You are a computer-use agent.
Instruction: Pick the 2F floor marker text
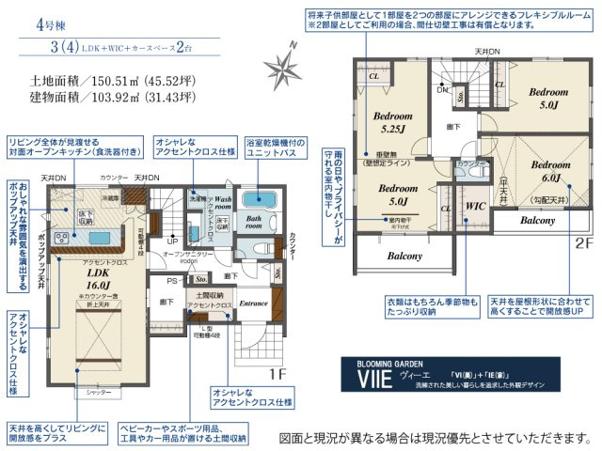585,241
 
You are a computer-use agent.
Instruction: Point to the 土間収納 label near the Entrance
209,296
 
